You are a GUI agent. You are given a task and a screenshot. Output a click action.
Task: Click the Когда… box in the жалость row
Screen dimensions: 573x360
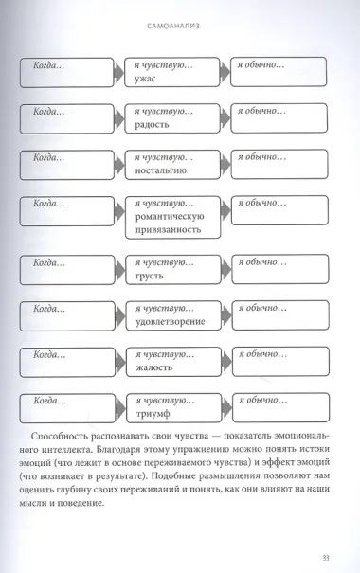[x=67, y=359]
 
